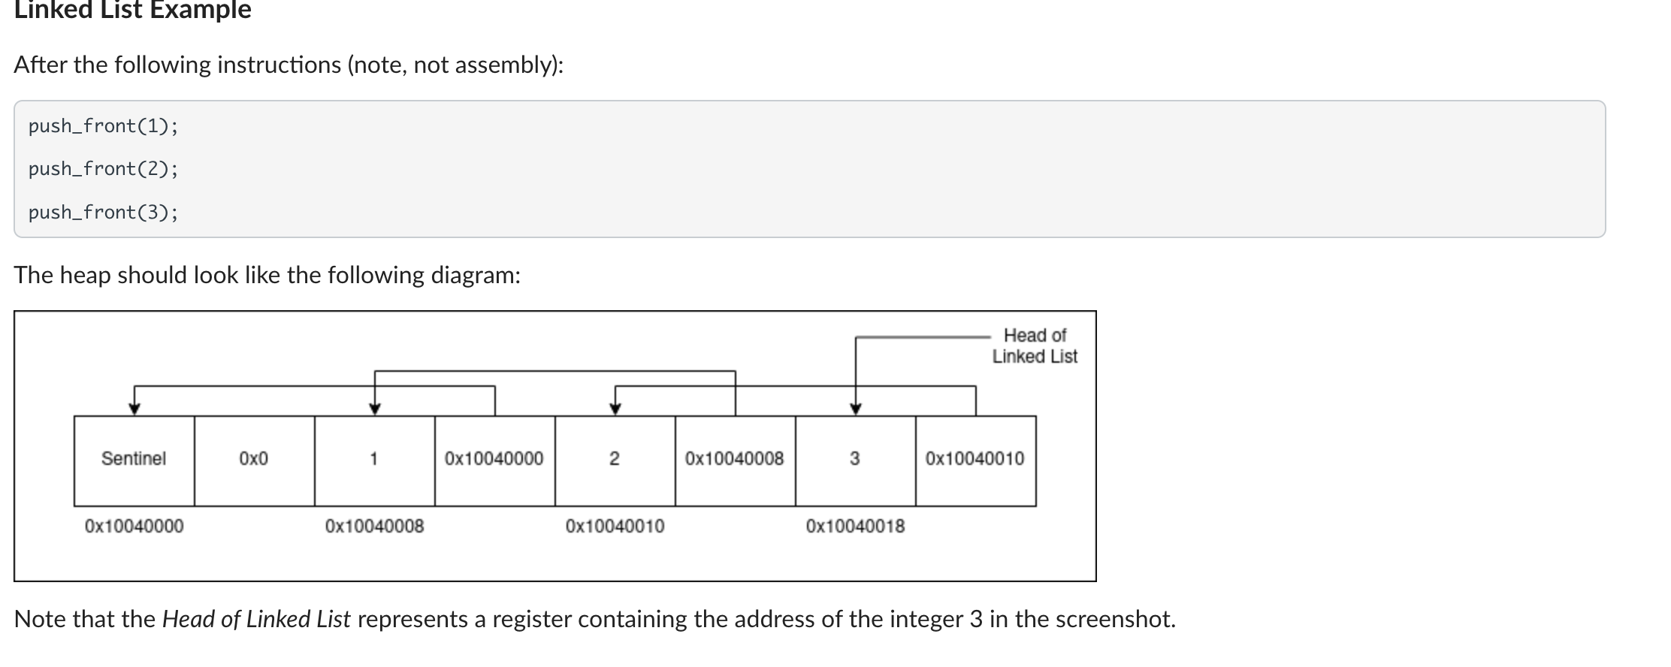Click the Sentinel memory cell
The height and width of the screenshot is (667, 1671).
134,460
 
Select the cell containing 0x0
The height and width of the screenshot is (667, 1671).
254,460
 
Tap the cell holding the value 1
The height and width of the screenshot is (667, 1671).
374,460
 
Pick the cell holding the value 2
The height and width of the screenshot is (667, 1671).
615,460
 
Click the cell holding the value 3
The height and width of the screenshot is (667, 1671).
855,460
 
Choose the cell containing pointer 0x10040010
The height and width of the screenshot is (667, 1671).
975,460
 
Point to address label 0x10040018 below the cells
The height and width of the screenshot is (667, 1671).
855,527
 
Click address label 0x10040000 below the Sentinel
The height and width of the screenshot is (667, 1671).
134,527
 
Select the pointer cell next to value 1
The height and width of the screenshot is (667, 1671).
494,460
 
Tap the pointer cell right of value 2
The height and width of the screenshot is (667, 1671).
735,460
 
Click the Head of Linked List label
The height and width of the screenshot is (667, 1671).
1035,346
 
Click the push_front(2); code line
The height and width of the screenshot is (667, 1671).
104,169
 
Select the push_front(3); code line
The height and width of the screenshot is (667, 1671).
104,213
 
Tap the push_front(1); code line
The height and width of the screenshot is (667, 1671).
104,126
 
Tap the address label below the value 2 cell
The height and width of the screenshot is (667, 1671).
615,527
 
